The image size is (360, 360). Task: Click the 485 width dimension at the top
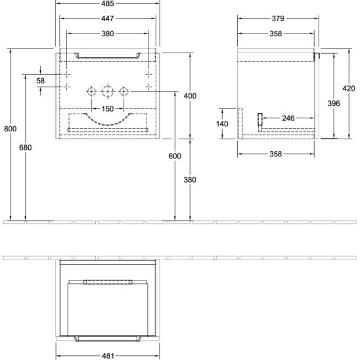click(x=108, y=3)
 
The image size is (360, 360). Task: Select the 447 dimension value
click(x=108, y=18)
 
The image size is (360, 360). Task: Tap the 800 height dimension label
click(x=11, y=129)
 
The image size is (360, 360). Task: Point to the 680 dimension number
click(x=25, y=147)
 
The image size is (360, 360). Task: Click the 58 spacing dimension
click(x=41, y=81)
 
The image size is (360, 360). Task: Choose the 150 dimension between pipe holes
click(x=108, y=108)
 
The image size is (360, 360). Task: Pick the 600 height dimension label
click(x=175, y=156)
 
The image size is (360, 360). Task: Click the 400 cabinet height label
click(x=190, y=96)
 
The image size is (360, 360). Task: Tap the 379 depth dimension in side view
click(x=278, y=18)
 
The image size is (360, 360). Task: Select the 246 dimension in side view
click(x=288, y=118)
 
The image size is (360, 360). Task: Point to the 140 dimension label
click(x=222, y=124)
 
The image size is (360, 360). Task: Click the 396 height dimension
click(x=334, y=103)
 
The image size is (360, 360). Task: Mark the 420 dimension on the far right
click(x=349, y=88)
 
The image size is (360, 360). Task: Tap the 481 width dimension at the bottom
click(x=108, y=356)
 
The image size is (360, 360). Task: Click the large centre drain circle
click(x=108, y=87)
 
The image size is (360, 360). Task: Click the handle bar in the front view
click(x=108, y=57)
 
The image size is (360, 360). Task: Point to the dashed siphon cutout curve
click(x=108, y=125)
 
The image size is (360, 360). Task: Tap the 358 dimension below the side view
click(x=275, y=154)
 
